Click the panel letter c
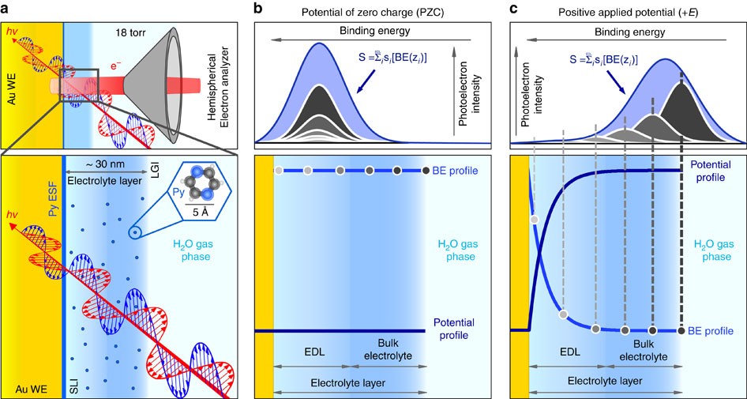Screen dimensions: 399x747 tap(514, 9)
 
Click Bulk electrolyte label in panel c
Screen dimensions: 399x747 tap(644, 351)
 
